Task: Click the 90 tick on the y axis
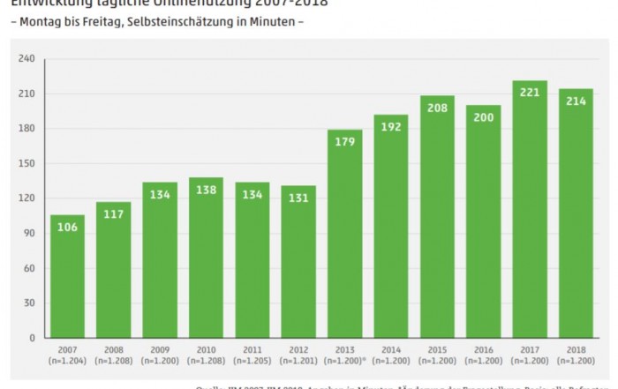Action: [28, 233]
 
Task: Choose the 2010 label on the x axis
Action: [206, 350]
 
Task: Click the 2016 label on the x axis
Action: [483, 350]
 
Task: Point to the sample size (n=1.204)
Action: [67, 361]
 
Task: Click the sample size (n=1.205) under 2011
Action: [252, 361]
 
